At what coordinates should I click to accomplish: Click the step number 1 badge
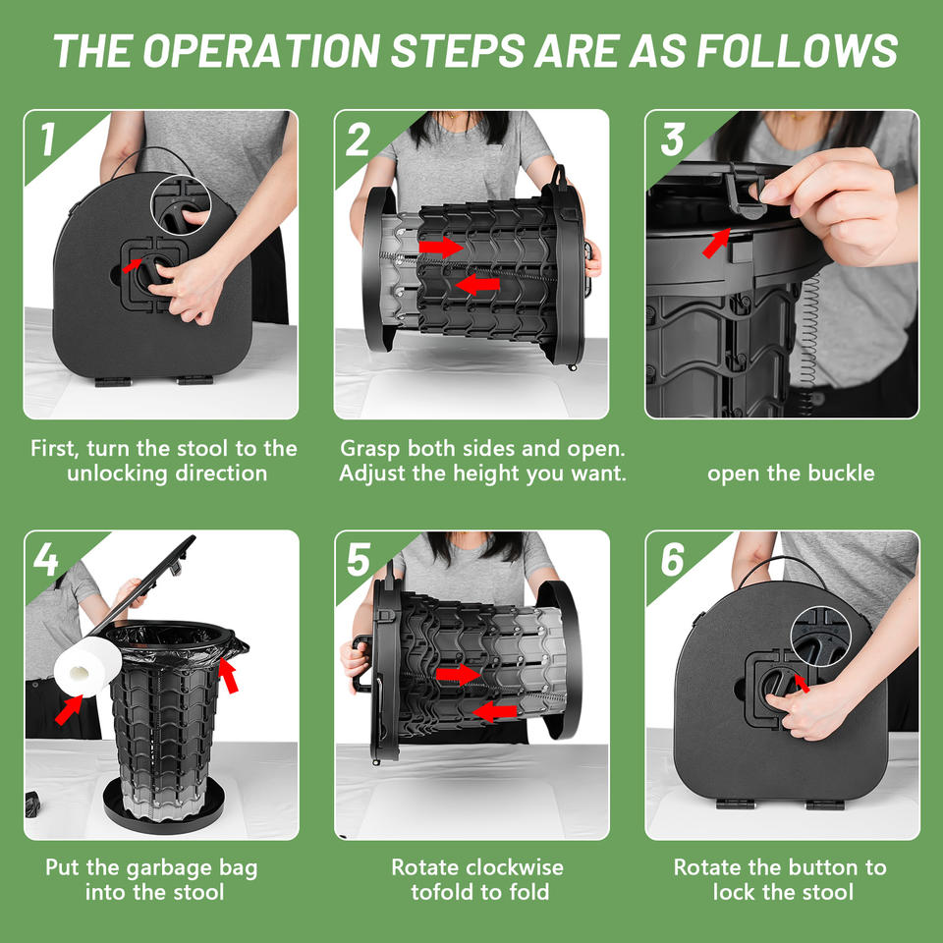[x=48, y=139]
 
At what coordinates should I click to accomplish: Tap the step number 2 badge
[x=359, y=139]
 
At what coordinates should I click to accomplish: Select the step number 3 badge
[x=672, y=139]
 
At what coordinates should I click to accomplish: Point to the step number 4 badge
[x=46, y=559]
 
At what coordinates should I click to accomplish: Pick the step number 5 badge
[x=359, y=559]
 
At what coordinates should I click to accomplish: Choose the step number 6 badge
[x=672, y=559]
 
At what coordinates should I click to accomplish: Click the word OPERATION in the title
[x=261, y=50]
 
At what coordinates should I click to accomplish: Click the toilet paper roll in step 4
[x=87, y=666]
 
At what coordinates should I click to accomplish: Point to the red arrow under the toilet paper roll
[x=69, y=709]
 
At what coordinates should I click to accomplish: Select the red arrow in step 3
[x=716, y=243]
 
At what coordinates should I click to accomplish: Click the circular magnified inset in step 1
[x=181, y=204]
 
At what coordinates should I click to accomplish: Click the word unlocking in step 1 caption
[x=118, y=473]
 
